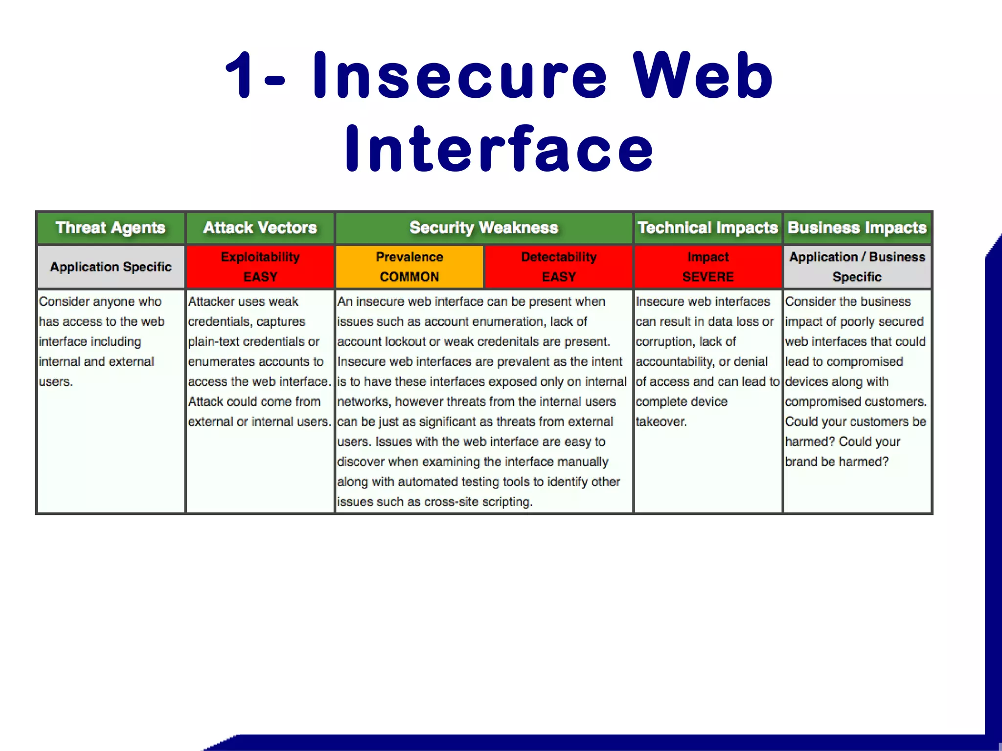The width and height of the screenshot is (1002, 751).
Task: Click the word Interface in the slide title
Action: [x=499, y=149]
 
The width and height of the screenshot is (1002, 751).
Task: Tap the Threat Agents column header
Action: [x=111, y=228]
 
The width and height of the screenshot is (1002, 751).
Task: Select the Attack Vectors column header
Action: [x=260, y=228]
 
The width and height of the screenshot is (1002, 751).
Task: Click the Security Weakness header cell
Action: [x=484, y=228]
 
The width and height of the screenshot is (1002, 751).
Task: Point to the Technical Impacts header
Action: [x=707, y=228]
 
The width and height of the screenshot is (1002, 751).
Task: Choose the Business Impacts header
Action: [x=857, y=228]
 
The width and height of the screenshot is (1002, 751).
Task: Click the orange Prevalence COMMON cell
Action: [x=410, y=266]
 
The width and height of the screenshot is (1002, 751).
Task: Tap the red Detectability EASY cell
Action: [x=559, y=266]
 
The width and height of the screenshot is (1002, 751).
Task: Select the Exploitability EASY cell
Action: [x=260, y=266]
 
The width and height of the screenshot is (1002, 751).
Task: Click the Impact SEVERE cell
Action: [x=708, y=266]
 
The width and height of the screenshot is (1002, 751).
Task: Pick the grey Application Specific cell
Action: [x=111, y=267]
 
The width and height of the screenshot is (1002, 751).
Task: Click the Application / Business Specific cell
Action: [x=857, y=266]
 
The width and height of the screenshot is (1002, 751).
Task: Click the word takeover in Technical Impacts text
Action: [x=660, y=421]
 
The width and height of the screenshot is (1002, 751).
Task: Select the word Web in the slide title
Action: [x=703, y=76]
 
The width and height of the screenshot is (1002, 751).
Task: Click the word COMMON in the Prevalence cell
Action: [x=410, y=277]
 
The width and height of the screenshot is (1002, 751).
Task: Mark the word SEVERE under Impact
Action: [x=708, y=277]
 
